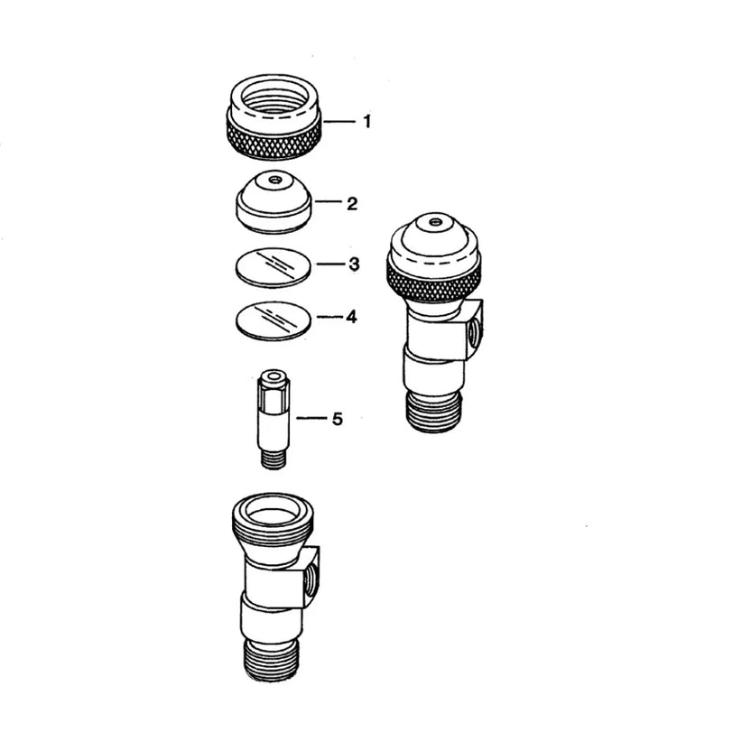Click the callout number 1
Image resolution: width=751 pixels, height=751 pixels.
366,122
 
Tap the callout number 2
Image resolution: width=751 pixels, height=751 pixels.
352,204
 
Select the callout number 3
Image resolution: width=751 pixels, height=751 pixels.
354,264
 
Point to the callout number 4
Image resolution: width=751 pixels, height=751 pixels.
351,317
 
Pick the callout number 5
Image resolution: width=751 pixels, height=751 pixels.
338,419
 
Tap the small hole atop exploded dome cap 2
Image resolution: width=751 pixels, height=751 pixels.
275,181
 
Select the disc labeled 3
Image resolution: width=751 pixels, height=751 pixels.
273,267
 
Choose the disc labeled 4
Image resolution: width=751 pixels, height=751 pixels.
274,321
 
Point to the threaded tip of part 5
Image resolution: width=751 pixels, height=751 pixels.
274,459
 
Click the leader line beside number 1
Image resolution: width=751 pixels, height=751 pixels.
340,122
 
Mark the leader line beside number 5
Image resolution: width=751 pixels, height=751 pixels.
311,419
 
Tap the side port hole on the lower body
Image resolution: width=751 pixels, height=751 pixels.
311,577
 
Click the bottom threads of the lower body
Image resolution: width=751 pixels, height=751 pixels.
272,660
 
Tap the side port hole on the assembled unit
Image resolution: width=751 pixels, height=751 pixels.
473,330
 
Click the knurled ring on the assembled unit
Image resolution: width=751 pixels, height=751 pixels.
434,283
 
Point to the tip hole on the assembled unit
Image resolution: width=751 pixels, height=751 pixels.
435,222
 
